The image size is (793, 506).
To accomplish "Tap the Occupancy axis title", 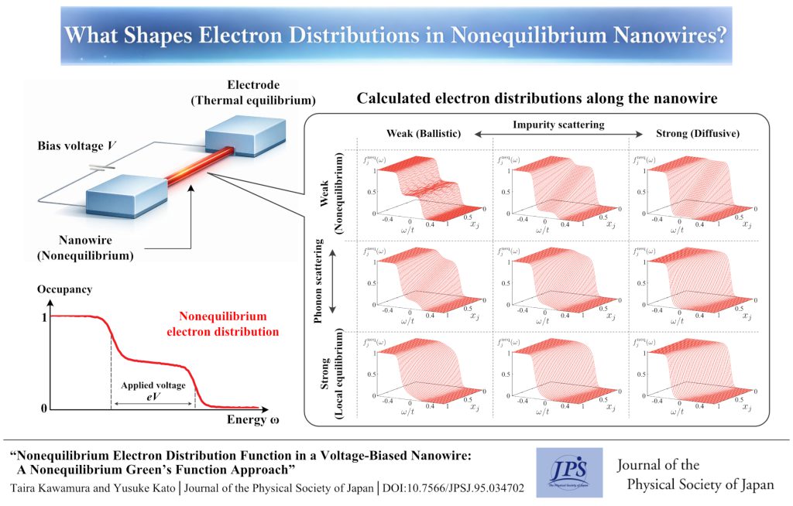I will tap(64, 289).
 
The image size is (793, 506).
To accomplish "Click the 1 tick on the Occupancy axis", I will tap(43, 316).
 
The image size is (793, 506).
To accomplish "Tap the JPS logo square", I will tap(568, 473).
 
